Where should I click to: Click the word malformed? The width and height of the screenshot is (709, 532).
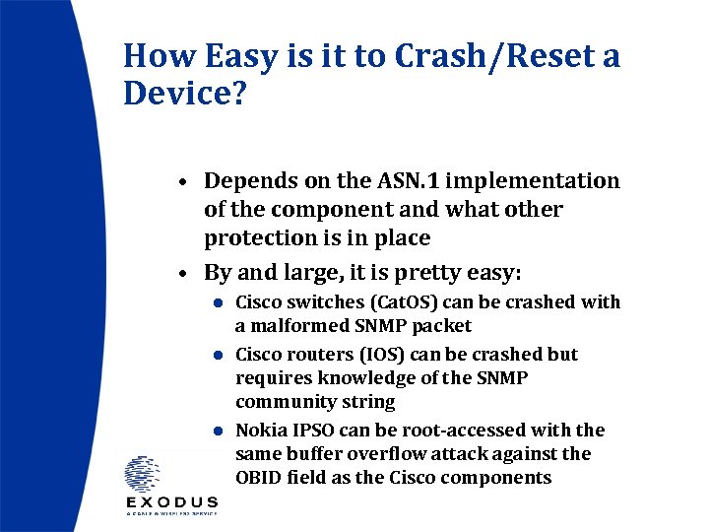pos(290,325)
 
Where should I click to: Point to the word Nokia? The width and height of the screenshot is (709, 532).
pos(261,431)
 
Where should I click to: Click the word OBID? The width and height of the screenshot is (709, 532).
pos(259,478)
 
